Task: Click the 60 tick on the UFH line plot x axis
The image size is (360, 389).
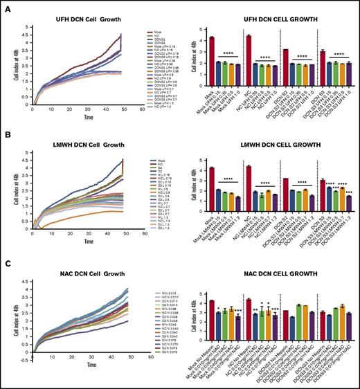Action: pos(142,110)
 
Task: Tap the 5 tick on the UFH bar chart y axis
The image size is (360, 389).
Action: pos(201,29)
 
